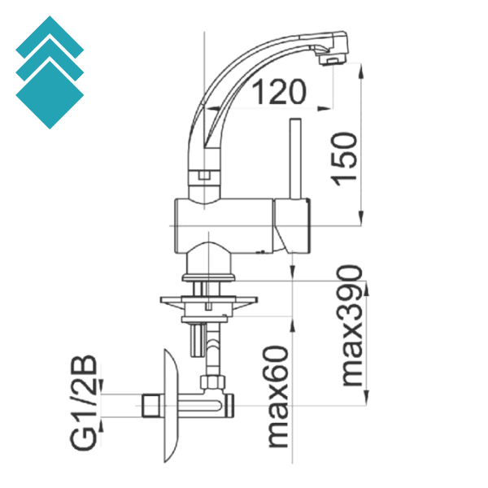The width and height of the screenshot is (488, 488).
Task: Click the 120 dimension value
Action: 277,93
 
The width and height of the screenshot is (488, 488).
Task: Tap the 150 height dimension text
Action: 345,158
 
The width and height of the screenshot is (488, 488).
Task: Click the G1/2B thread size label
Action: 84,402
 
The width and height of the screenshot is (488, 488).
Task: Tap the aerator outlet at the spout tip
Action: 329,60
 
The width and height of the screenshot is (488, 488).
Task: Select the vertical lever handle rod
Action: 294,159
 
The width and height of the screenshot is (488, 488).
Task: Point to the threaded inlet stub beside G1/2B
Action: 149,404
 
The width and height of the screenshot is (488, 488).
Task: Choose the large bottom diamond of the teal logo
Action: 50,95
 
